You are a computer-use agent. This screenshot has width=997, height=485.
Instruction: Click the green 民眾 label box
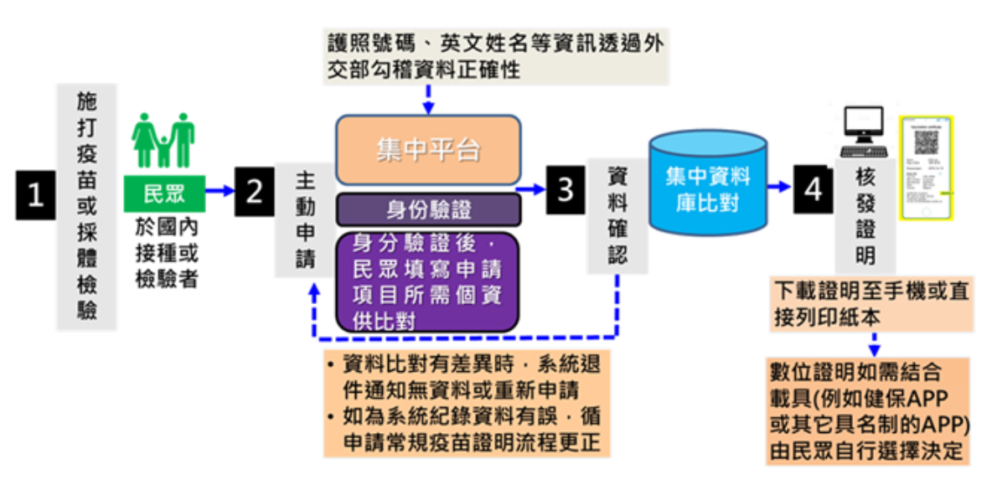(164, 194)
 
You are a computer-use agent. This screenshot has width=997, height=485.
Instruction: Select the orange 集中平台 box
(428, 151)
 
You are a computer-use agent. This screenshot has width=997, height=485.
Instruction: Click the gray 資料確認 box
(617, 216)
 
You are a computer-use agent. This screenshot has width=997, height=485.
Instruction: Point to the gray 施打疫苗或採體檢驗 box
(87, 206)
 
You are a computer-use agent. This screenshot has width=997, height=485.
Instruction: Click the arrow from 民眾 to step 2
(220, 191)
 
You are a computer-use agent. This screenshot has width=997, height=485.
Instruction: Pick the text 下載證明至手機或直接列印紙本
(870, 304)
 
